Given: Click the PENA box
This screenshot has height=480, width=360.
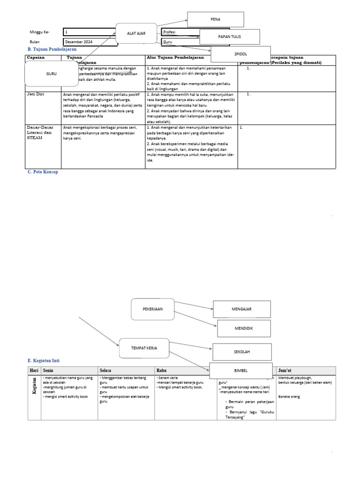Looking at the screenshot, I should (216, 19).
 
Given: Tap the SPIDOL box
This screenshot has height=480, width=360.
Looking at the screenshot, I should (240, 54).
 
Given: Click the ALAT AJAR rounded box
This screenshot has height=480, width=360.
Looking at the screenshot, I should (136, 33).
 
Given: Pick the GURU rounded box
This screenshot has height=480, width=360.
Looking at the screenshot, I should (51, 74).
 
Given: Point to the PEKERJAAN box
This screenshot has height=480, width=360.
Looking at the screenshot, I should (153, 309).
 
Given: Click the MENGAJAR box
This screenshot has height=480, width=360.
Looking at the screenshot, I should (242, 309).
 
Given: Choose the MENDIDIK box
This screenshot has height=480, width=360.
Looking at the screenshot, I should (244, 329).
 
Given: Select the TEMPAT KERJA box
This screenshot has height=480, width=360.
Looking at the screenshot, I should (144, 349).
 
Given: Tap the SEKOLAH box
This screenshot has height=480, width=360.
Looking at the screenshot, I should (242, 352).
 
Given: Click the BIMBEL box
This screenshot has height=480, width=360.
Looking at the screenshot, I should (241, 371).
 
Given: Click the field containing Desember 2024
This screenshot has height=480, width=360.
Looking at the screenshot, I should (90, 42).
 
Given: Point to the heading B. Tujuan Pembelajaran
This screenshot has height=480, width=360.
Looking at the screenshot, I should (52, 49).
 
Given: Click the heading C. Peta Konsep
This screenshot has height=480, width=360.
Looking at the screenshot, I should (43, 172).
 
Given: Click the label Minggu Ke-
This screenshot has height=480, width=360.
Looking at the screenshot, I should (39, 32).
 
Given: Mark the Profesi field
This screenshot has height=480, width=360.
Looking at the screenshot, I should (180, 32).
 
